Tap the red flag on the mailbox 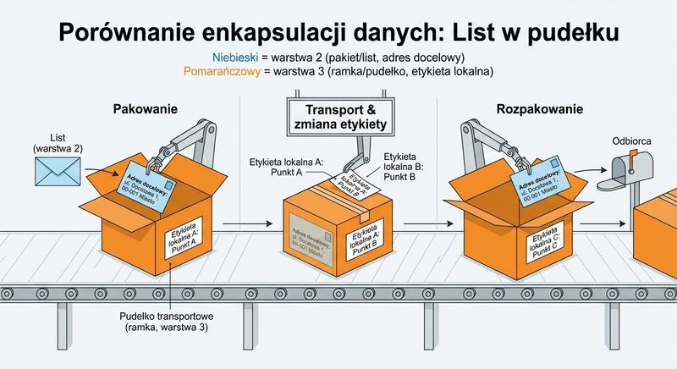point(632,157)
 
